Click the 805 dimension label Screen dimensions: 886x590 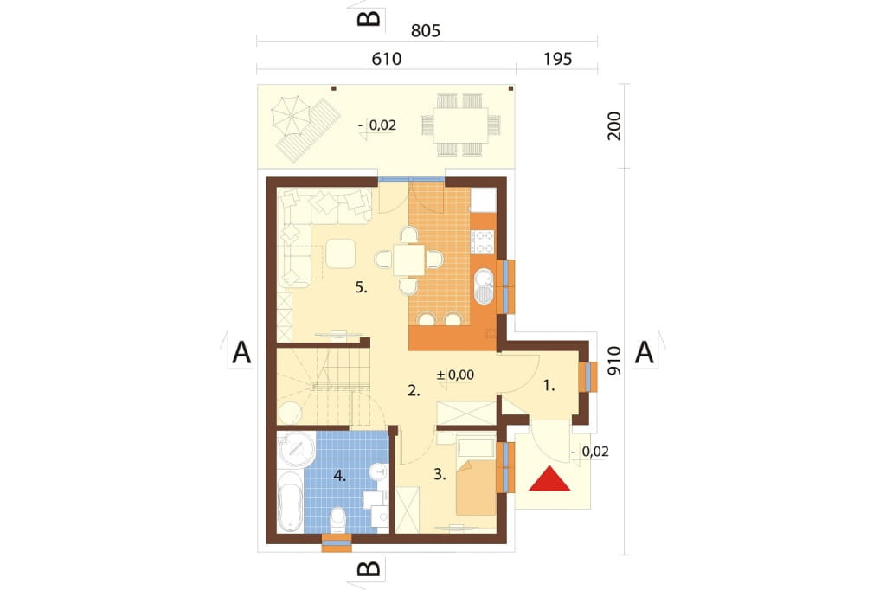pyautogui.click(x=426, y=30)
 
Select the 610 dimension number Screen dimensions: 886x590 pyautogui.click(x=387, y=59)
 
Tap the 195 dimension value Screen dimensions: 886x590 pyautogui.click(x=558, y=59)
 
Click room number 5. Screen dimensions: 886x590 pyautogui.click(x=361, y=288)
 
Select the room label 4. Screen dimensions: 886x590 pyautogui.click(x=339, y=476)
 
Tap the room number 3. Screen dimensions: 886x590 pyautogui.click(x=440, y=475)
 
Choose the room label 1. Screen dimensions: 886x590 pyautogui.click(x=549, y=386)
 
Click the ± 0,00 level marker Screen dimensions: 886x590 pyautogui.click(x=455, y=375)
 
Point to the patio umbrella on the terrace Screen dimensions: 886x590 pyautogui.click(x=292, y=115)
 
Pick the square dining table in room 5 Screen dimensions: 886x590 pyautogui.click(x=409, y=260)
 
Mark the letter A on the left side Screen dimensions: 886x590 pyautogui.click(x=242, y=353)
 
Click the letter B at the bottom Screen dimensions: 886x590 pyautogui.click(x=369, y=568)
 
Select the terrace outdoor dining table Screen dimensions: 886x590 pyautogui.click(x=460, y=125)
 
